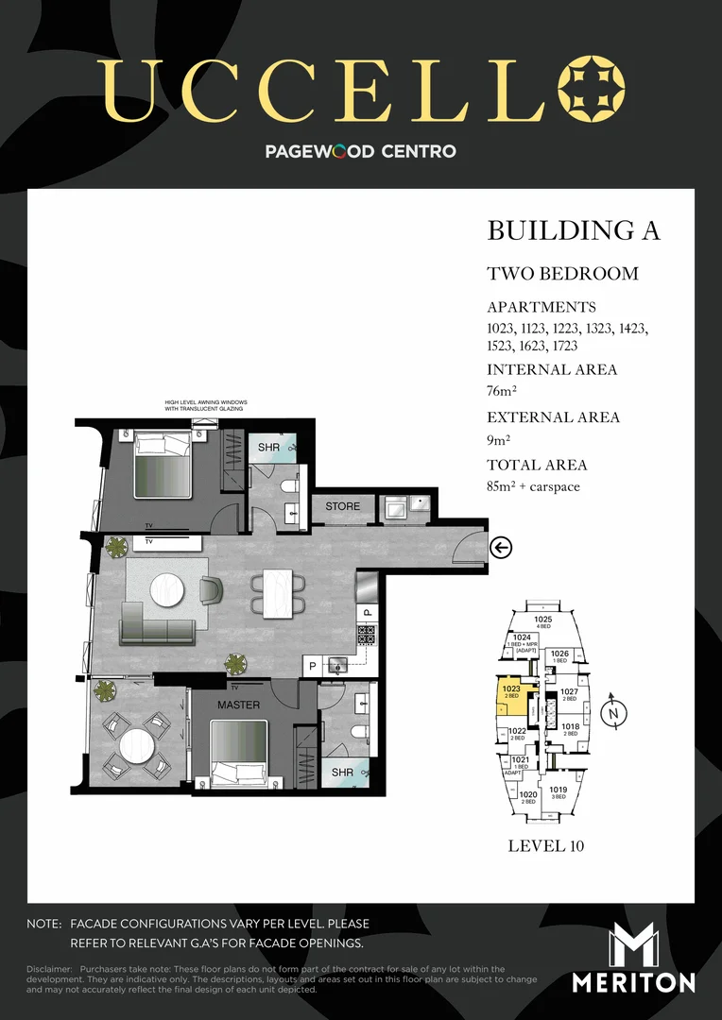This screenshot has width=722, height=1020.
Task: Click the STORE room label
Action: click(x=342, y=506)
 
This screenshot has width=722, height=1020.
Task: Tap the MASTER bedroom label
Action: click(x=238, y=705)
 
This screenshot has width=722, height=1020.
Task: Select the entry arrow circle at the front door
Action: click(x=501, y=547)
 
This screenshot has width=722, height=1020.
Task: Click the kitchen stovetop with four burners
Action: click(x=367, y=635)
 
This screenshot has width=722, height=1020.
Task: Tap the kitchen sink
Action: click(x=337, y=666)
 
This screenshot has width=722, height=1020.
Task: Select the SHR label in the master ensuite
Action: click(x=342, y=773)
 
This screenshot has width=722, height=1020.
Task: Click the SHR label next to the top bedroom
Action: click(x=269, y=447)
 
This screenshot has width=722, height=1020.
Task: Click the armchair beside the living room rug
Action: click(x=211, y=590)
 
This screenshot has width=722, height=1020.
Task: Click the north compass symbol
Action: click(x=613, y=714)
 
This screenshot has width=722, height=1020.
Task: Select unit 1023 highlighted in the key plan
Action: click(x=511, y=693)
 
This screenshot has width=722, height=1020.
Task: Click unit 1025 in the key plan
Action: click(x=542, y=622)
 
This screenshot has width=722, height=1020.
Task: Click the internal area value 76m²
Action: click(x=502, y=390)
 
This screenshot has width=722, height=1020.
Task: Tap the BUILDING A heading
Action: click(x=573, y=230)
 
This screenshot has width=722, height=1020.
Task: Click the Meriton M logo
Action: click(x=634, y=945)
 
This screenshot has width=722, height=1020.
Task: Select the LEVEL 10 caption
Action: click(x=545, y=845)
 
